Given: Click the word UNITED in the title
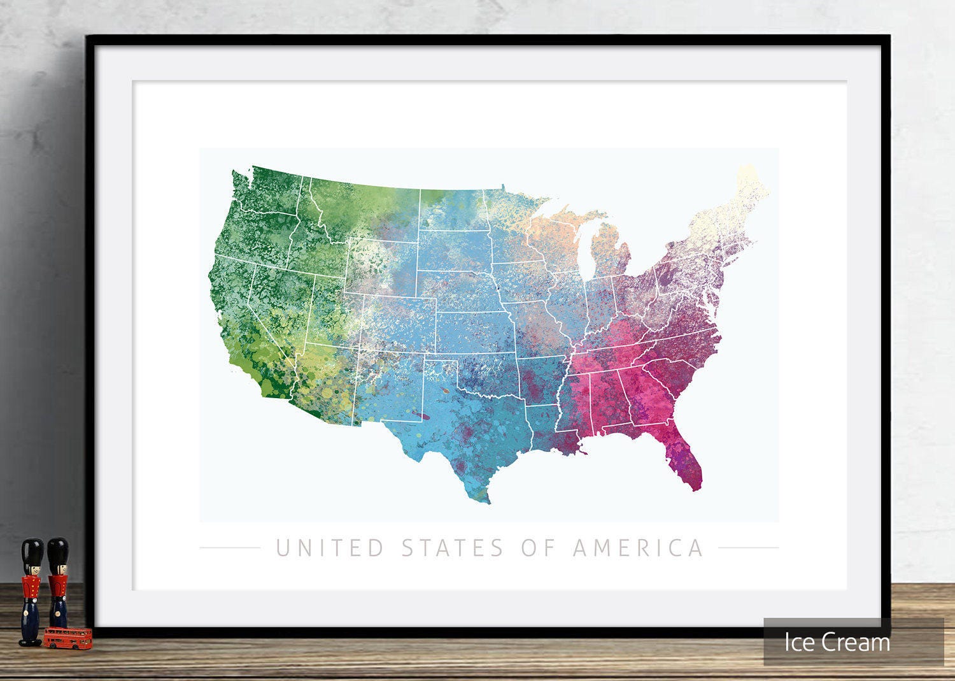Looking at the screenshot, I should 330,548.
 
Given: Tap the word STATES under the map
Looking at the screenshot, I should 453,548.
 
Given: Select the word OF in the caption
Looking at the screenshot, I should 539,548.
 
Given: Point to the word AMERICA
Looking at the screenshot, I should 639,548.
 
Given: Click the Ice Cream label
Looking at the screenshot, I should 837,642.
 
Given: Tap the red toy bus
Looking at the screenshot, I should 67,638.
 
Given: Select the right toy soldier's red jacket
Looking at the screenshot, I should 58,587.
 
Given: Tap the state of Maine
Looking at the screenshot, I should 751,191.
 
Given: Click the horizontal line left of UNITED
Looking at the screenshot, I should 230,547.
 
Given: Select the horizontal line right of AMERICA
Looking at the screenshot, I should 748,547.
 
